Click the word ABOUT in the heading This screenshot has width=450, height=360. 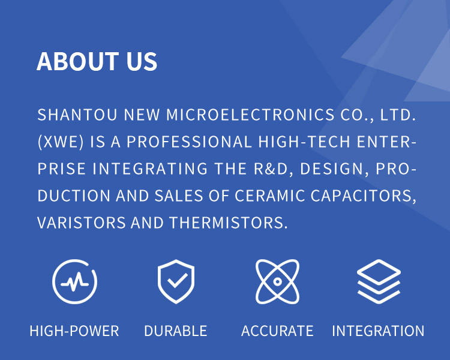77,61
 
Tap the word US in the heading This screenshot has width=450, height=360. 142,61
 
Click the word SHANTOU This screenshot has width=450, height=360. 77,115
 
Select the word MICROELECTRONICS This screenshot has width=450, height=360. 250,115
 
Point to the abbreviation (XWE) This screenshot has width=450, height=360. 61,142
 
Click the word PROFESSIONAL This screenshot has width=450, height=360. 189,142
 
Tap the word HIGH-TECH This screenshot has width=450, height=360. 304,142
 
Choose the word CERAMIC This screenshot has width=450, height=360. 270,196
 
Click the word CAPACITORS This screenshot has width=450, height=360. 364,196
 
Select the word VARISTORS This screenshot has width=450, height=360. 82,223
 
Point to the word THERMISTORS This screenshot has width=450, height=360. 229,223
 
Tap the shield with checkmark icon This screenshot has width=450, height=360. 176,281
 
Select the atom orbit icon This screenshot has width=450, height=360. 277,281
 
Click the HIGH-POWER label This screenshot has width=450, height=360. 74,331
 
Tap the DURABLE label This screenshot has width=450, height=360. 176,331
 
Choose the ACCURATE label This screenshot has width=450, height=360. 277,331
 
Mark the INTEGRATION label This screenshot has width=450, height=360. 378,331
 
